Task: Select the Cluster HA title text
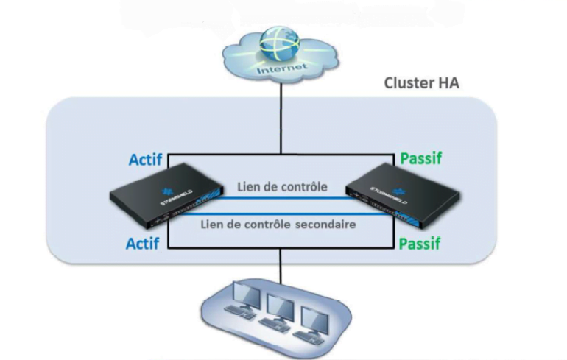point(421,82)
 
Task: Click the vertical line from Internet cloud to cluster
point(281,118)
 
